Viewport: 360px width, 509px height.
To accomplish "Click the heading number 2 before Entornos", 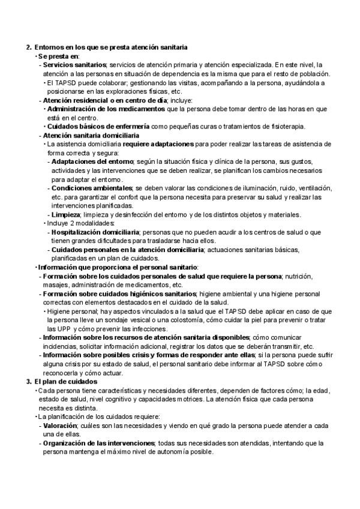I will (28, 46).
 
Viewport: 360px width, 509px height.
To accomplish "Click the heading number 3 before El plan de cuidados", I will (28, 382).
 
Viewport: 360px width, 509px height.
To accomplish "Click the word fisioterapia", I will (286, 126).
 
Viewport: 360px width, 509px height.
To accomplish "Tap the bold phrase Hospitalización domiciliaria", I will (95, 232).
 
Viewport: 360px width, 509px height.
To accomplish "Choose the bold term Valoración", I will (58, 425).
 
